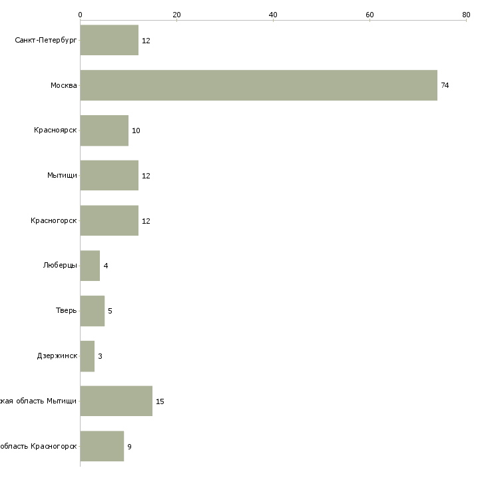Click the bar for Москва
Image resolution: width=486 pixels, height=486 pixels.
point(258,85)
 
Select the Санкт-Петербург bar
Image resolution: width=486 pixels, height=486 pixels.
point(109,40)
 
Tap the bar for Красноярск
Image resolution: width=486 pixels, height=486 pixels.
point(104,130)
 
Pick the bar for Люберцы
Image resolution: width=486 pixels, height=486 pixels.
point(90,266)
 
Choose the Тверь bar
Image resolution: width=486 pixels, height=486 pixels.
point(92,311)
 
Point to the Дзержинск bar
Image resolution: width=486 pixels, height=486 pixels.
point(87,356)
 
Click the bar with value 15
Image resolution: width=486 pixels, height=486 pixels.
point(116,401)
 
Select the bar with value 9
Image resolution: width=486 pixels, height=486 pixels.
point(102,446)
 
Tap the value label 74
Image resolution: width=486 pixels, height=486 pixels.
point(445,85)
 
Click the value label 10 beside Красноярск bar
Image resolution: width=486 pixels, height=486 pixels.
point(136,130)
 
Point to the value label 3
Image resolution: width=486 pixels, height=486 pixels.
point(100,356)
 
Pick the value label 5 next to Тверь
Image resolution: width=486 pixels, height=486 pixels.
point(110,311)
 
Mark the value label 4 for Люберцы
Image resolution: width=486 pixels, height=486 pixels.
point(105,266)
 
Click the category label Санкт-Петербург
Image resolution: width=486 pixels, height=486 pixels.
point(46,41)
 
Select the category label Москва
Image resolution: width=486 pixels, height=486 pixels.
point(64,85)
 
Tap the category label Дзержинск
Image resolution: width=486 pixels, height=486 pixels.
point(57,356)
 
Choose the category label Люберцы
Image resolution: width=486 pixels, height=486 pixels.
point(60,266)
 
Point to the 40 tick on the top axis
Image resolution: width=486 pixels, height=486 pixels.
point(273,15)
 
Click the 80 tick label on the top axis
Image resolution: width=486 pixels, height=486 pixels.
point(466,15)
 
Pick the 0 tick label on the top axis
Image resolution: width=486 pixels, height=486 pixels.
point(80,15)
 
